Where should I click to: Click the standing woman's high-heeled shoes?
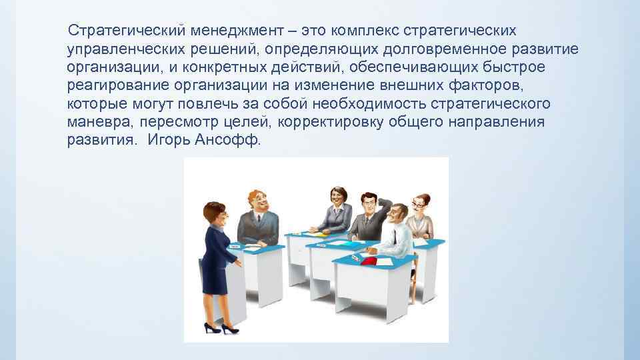[220, 327]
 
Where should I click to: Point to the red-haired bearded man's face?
[257, 201]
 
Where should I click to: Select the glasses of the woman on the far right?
[419, 204]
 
